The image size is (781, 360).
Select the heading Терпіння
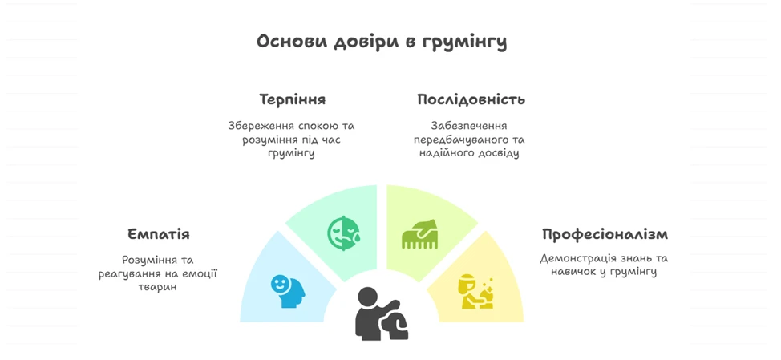point(293,100)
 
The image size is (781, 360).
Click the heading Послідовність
point(471,99)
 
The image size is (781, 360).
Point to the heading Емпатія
point(159,234)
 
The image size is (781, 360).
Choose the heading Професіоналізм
point(605,234)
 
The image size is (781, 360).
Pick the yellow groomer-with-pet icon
point(476,292)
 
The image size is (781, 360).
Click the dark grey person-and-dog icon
point(382,313)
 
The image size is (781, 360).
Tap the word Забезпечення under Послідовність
point(470,125)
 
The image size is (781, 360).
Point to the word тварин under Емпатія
point(158,287)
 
